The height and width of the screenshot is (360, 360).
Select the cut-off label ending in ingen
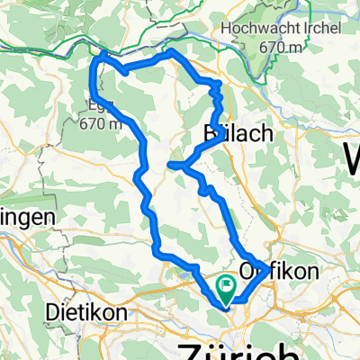[27, 218]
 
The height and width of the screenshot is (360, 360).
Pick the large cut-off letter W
[349, 159]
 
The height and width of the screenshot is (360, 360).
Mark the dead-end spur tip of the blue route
[170, 164]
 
